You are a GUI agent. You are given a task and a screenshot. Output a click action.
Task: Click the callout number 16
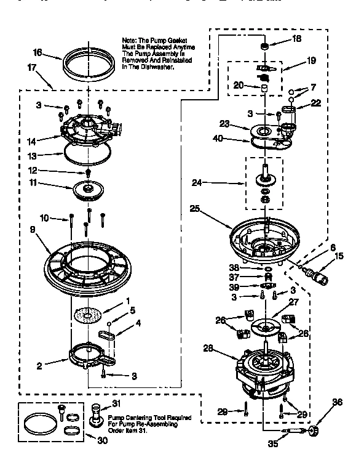[x=37, y=53]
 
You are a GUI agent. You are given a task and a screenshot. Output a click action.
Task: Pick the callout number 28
[x=208, y=349]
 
